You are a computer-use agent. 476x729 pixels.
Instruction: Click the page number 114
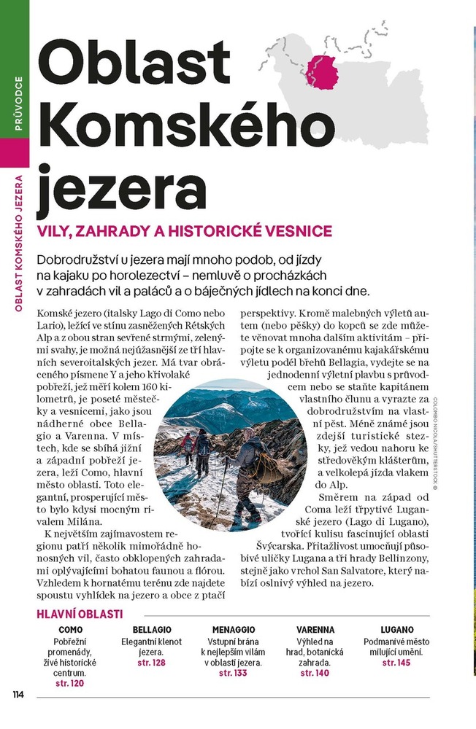tap(18, 694)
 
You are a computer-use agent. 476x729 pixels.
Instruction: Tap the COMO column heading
tap(71, 629)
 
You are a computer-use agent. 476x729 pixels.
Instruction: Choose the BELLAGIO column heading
tap(152, 629)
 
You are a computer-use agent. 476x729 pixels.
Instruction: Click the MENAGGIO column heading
tap(234, 629)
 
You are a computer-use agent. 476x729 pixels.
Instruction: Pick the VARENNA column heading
tap(315, 629)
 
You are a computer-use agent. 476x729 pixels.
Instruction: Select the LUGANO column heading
tap(397, 629)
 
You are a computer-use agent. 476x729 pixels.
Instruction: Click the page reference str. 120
tap(70, 684)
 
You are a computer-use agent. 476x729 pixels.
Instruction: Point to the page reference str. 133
tap(234, 674)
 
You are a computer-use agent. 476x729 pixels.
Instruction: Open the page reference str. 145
tap(397, 663)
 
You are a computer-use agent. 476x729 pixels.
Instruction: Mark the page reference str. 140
tap(315, 674)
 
